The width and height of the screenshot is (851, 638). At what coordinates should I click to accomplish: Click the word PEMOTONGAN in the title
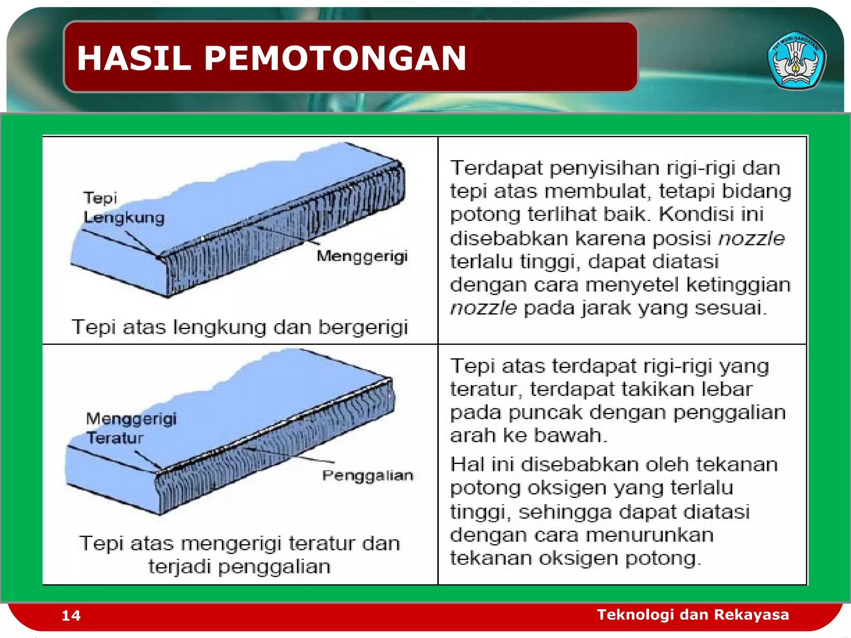click(335, 58)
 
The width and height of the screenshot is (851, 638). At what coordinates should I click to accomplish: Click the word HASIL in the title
click(134, 58)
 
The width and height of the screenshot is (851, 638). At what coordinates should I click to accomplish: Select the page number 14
click(71, 616)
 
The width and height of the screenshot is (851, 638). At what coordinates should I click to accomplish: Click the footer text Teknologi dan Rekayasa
click(693, 614)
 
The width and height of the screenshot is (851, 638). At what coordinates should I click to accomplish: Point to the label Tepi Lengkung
click(123, 208)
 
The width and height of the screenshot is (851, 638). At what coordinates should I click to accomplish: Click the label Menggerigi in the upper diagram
click(362, 256)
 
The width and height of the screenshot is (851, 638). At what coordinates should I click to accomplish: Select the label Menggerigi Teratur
click(131, 428)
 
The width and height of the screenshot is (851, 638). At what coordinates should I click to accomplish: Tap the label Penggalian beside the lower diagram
click(367, 476)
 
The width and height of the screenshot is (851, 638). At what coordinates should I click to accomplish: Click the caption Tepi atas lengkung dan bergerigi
click(240, 327)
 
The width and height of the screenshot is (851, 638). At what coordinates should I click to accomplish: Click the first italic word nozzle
click(751, 238)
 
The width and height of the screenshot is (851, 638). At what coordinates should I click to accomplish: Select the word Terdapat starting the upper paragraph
click(496, 168)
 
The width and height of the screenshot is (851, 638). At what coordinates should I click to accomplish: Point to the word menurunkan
click(659, 535)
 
